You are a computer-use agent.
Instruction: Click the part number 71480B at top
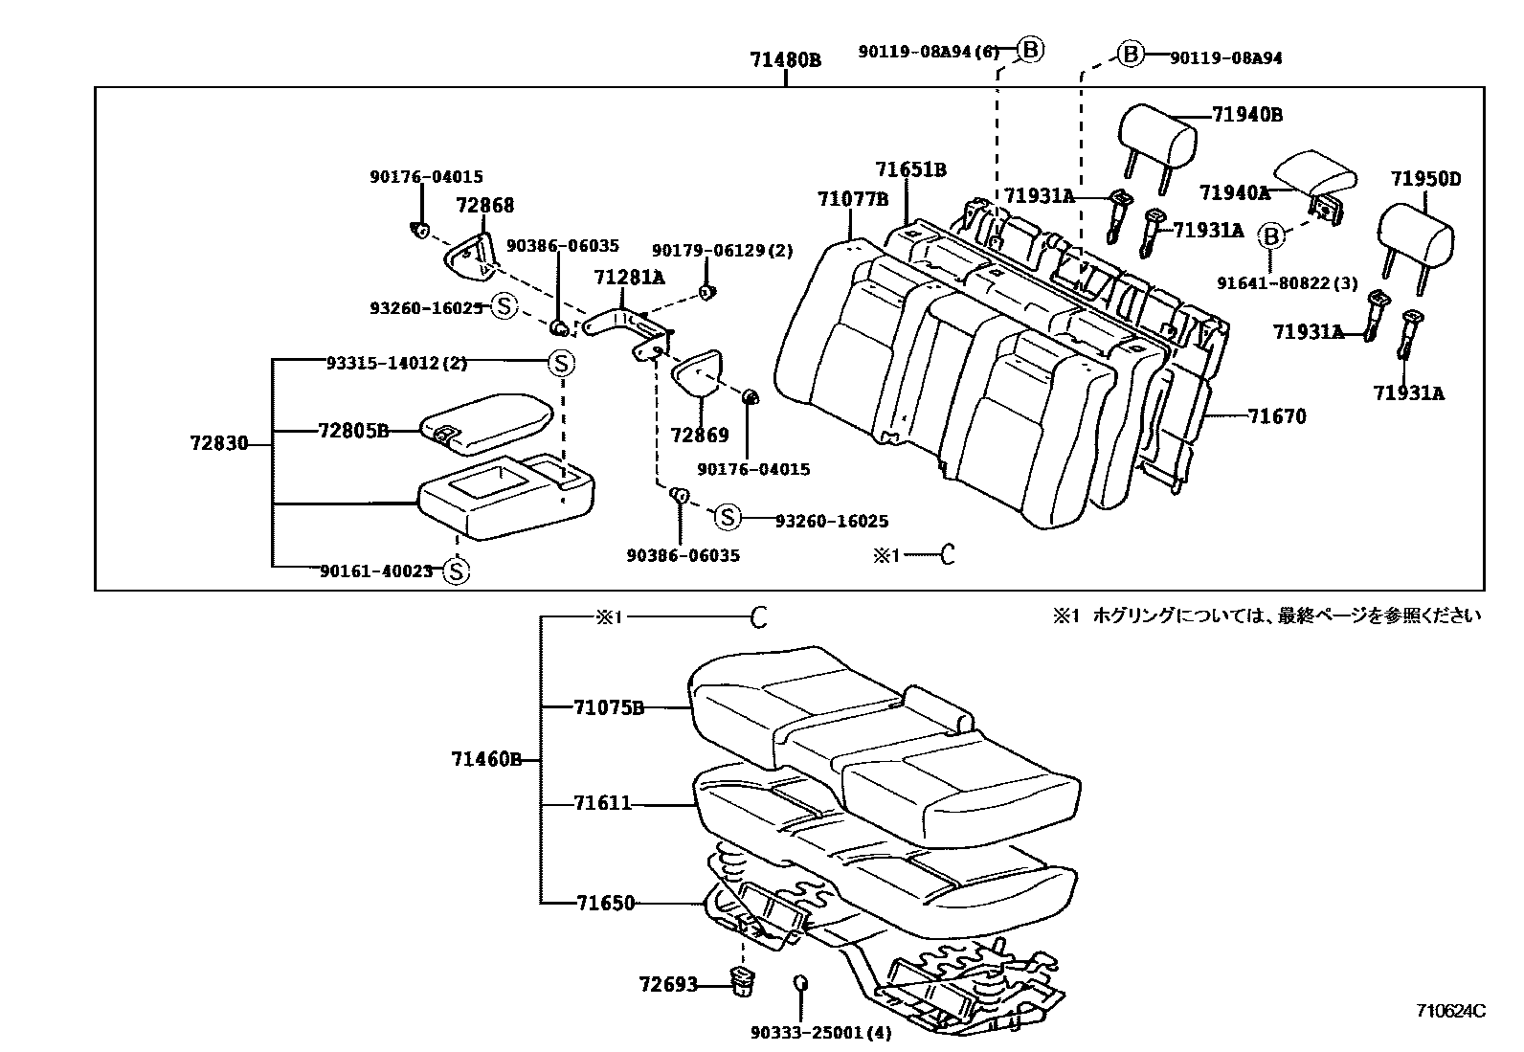pyautogui.click(x=785, y=59)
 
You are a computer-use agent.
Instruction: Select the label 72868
pyautogui.click(x=484, y=205)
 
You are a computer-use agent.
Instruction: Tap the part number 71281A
pyautogui.click(x=629, y=278)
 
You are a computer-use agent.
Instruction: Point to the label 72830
pyautogui.click(x=219, y=443)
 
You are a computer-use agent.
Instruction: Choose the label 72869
pyautogui.click(x=700, y=435)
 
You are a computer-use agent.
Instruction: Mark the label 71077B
pyautogui.click(x=853, y=199)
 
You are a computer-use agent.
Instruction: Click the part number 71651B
pyautogui.click(x=910, y=169)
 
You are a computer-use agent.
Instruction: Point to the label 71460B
pyautogui.click(x=486, y=760)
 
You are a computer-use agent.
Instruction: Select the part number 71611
pyautogui.click(x=603, y=803)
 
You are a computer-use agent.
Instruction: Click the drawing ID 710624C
pyautogui.click(x=1451, y=1011)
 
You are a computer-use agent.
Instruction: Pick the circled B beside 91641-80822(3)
pyautogui.click(x=1270, y=235)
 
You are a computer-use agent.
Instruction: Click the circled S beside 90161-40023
pyautogui.click(x=457, y=571)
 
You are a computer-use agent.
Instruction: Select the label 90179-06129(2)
pyautogui.click(x=723, y=250)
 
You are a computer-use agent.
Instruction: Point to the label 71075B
pyautogui.click(x=608, y=707)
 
